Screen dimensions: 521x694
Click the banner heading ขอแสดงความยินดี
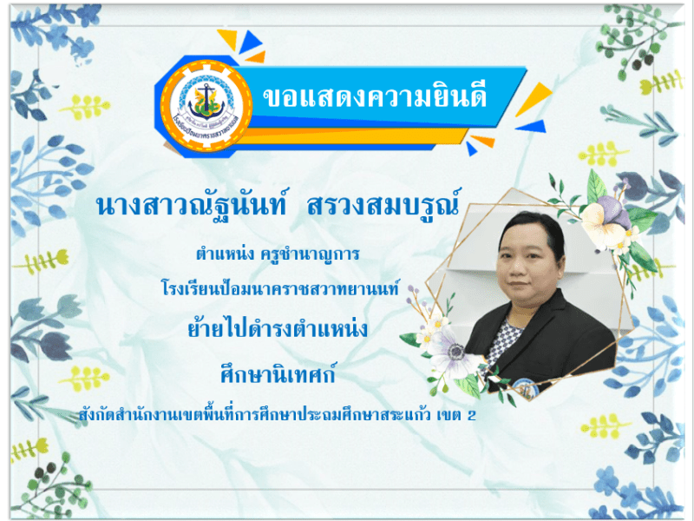coord(374,96)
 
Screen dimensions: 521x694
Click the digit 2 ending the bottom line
coord(472,415)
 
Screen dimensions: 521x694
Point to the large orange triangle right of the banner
coord(532,97)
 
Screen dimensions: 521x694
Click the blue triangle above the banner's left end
coord(252,41)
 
